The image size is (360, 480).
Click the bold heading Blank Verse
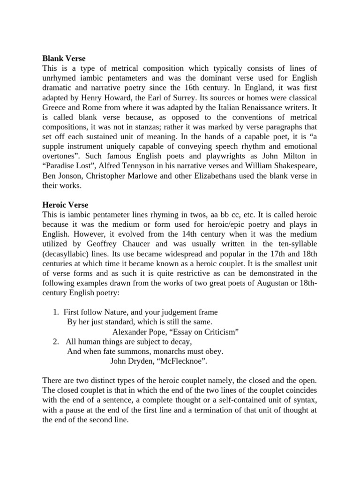(x=64, y=59)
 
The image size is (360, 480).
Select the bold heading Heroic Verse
(x=65, y=205)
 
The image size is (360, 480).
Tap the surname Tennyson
(x=141, y=166)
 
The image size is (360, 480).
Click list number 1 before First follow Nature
(x=57, y=312)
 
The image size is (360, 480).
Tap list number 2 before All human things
(x=57, y=341)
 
